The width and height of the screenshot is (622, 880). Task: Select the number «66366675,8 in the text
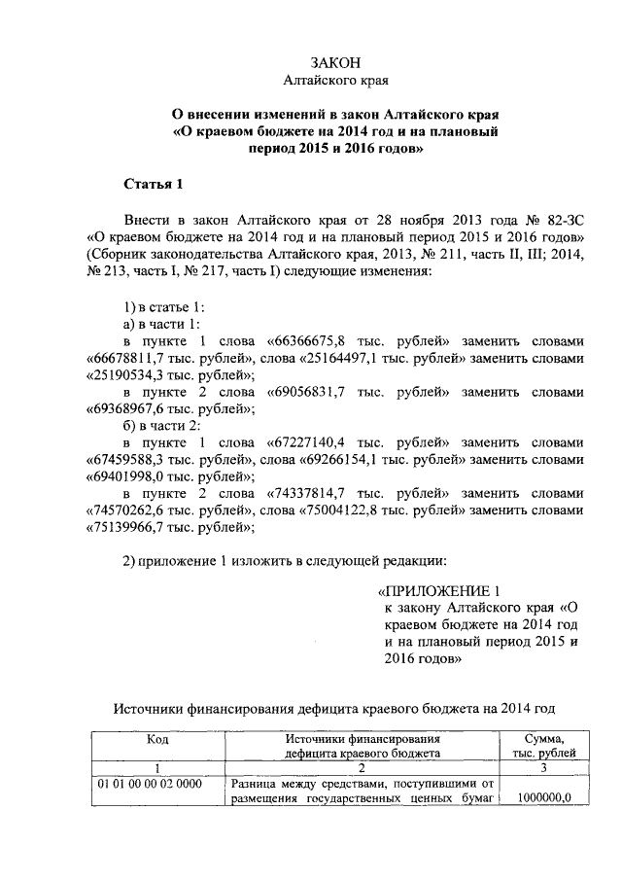click(x=310, y=341)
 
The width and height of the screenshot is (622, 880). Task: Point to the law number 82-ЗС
click(x=563, y=221)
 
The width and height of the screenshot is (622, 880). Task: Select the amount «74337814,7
click(x=311, y=493)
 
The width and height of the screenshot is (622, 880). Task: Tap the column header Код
click(x=157, y=739)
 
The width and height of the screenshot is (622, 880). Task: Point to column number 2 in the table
click(x=363, y=767)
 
